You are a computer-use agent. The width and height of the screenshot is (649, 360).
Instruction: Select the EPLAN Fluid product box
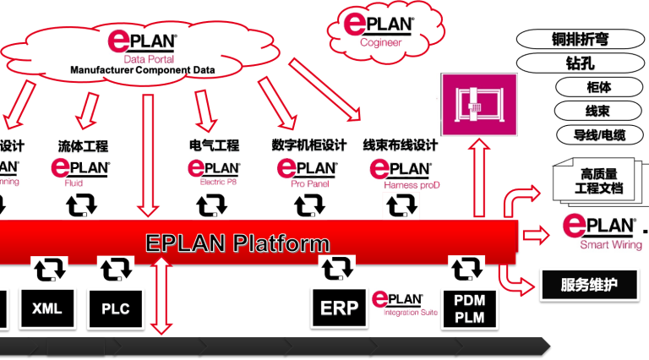coord(85,172)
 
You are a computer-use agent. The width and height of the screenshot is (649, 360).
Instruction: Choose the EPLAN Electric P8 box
coord(214,172)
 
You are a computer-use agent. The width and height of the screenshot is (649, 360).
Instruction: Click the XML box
coord(47,308)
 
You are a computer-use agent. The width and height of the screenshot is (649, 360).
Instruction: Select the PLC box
coord(115,308)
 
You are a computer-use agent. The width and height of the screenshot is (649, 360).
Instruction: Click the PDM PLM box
coord(469,308)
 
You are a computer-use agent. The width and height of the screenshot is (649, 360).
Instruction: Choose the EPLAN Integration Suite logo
coord(405,303)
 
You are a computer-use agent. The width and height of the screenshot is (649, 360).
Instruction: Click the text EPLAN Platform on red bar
coord(237,243)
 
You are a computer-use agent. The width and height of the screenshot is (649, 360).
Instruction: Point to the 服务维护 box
coord(588,284)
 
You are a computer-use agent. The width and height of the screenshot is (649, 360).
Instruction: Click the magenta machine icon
coord(476,104)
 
